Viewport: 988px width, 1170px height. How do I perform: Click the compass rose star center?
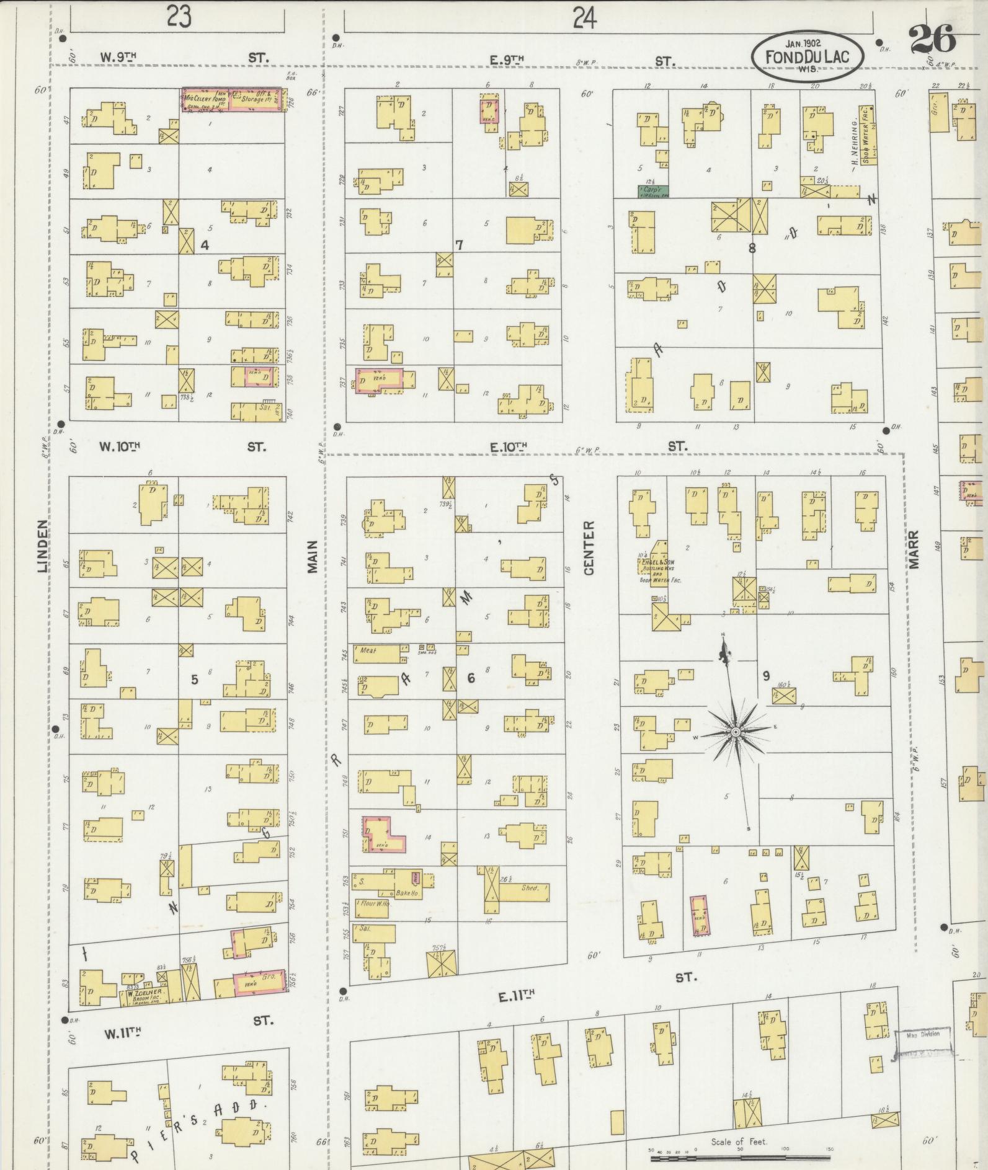(x=735, y=732)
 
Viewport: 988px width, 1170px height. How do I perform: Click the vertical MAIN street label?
(x=312, y=556)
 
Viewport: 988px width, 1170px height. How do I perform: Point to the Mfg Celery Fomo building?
(x=234, y=100)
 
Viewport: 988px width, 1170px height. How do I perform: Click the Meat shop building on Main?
(x=376, y=651)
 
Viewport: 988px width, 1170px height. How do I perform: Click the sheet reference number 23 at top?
(x=178, y=17)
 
